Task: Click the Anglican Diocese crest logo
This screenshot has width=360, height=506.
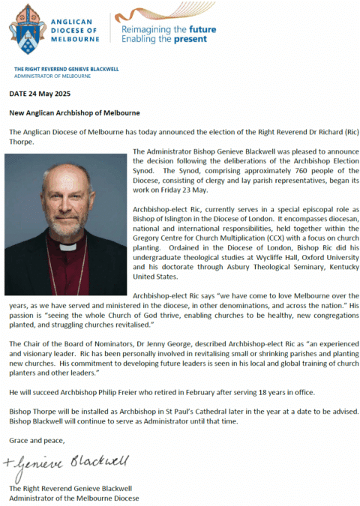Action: point(27,28)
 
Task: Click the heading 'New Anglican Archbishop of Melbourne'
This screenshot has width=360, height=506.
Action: point(74,112)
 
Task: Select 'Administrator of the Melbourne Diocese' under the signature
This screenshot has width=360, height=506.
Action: point(74,498)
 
